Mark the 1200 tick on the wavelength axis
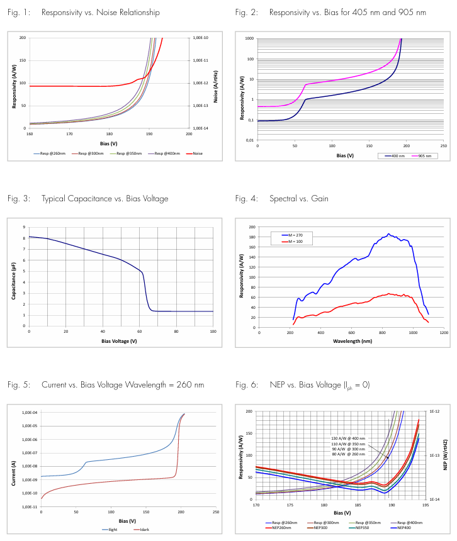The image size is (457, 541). [444, 333]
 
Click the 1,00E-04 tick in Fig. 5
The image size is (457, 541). [29, 413]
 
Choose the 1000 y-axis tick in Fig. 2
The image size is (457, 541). [250, 38]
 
